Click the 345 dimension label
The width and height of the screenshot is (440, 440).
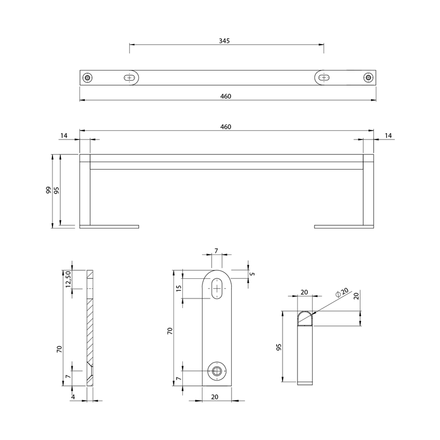point(224,41)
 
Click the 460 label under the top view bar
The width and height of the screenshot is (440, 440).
point(226,96)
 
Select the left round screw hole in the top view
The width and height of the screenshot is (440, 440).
point(87,77)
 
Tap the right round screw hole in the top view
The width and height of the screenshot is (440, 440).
point(368,77)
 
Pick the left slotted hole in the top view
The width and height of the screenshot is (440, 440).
point(129,77)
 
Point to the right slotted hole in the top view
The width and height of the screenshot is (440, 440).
point(324,77)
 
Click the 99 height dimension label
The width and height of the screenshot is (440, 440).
point(49,190)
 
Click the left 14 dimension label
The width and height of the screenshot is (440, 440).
point(64,136)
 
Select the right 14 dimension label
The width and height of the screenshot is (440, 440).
point(388,136)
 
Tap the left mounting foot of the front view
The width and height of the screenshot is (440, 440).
point(109,227)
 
